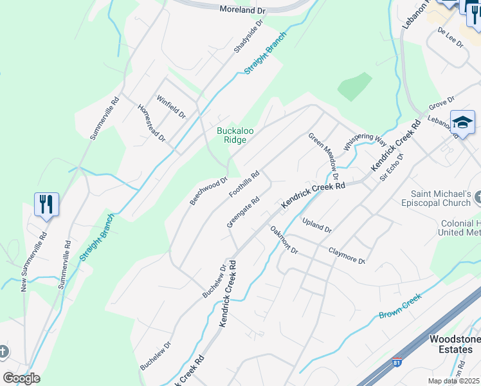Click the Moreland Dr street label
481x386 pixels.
[x=242, y=10]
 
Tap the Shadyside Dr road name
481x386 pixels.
[x=249, y=36]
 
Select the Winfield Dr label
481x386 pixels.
[x=171, y=107]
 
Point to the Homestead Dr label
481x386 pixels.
[x=152, y=122]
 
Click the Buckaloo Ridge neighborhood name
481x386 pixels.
[x=235, y=135]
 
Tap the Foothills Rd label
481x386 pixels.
[x=244, y=184]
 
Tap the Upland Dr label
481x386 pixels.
[x=316, y=225]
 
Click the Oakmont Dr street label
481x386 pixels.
[x=284, y=239]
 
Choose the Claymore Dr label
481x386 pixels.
[x=347, y=255]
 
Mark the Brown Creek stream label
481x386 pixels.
[x=399, y=306]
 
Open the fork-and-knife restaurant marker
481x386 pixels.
[x=46, y=205]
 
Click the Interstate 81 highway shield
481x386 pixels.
[x=397, y=363]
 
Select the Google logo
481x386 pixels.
[x=21, y=378]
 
